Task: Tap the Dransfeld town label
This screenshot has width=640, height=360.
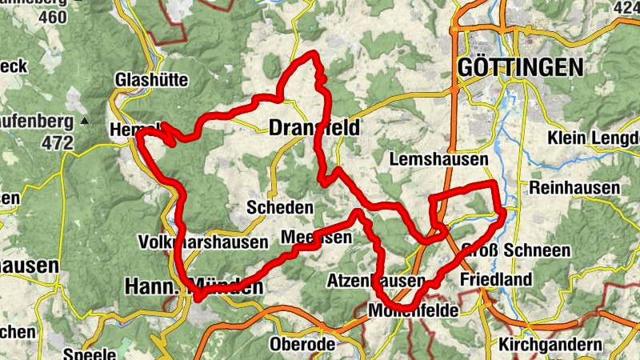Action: coord(314,128)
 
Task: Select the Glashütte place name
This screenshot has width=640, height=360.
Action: coord(151,80)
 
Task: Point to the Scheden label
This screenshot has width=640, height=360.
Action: coord(280,207)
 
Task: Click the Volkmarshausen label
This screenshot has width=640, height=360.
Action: coord(202,241)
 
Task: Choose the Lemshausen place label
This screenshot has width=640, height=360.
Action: coord(438,160)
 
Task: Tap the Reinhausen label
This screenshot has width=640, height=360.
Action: coord(574,187)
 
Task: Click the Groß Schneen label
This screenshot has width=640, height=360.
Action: coord(515,250)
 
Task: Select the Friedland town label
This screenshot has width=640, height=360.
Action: coord(496,280)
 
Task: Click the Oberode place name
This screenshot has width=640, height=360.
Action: coord(302,345)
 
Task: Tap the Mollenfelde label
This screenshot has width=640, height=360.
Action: coord(412,310)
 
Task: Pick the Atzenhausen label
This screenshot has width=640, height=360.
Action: coord(375,282)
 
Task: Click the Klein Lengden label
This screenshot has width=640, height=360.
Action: coord(593,138)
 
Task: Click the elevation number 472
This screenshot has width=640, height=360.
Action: coord(58,144)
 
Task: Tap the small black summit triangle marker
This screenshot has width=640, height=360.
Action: coord(85,122)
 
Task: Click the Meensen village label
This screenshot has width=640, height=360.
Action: coord(316,238)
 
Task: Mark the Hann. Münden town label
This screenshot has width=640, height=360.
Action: coord(194,286)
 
